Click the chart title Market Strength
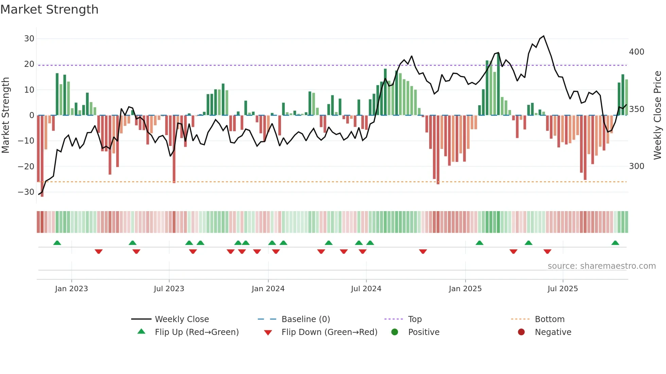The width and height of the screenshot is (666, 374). point(49,10)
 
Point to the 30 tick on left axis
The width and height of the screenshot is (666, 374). point(29,39)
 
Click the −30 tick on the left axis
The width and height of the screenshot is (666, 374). point(26,192)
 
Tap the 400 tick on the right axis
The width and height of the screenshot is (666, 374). point(636,52)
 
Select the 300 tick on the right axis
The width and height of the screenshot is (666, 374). point(636,166)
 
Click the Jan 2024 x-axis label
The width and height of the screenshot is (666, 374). point(268,289)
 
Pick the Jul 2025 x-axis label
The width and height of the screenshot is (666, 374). point(563,289)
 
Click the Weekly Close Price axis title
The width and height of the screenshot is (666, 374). point(658,115)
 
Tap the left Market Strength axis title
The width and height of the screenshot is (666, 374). point(5,115)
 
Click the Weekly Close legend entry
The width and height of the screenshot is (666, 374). point(182,319)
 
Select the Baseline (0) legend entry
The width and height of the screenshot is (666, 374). point(306,319)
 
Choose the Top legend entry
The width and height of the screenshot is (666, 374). point(415,319)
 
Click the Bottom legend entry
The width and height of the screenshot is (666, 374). point(549,319)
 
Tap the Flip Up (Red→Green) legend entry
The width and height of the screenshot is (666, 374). point(197,332)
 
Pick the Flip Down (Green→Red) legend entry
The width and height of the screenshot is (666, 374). point(329,332)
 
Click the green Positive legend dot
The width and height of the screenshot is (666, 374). point(395,332)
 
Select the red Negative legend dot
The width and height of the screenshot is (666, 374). point(521,332)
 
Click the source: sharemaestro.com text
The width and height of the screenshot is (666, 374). point(601,266)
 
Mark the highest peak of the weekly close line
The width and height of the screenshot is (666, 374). point(544,36)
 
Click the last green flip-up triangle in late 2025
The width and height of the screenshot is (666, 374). point(615,243)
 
